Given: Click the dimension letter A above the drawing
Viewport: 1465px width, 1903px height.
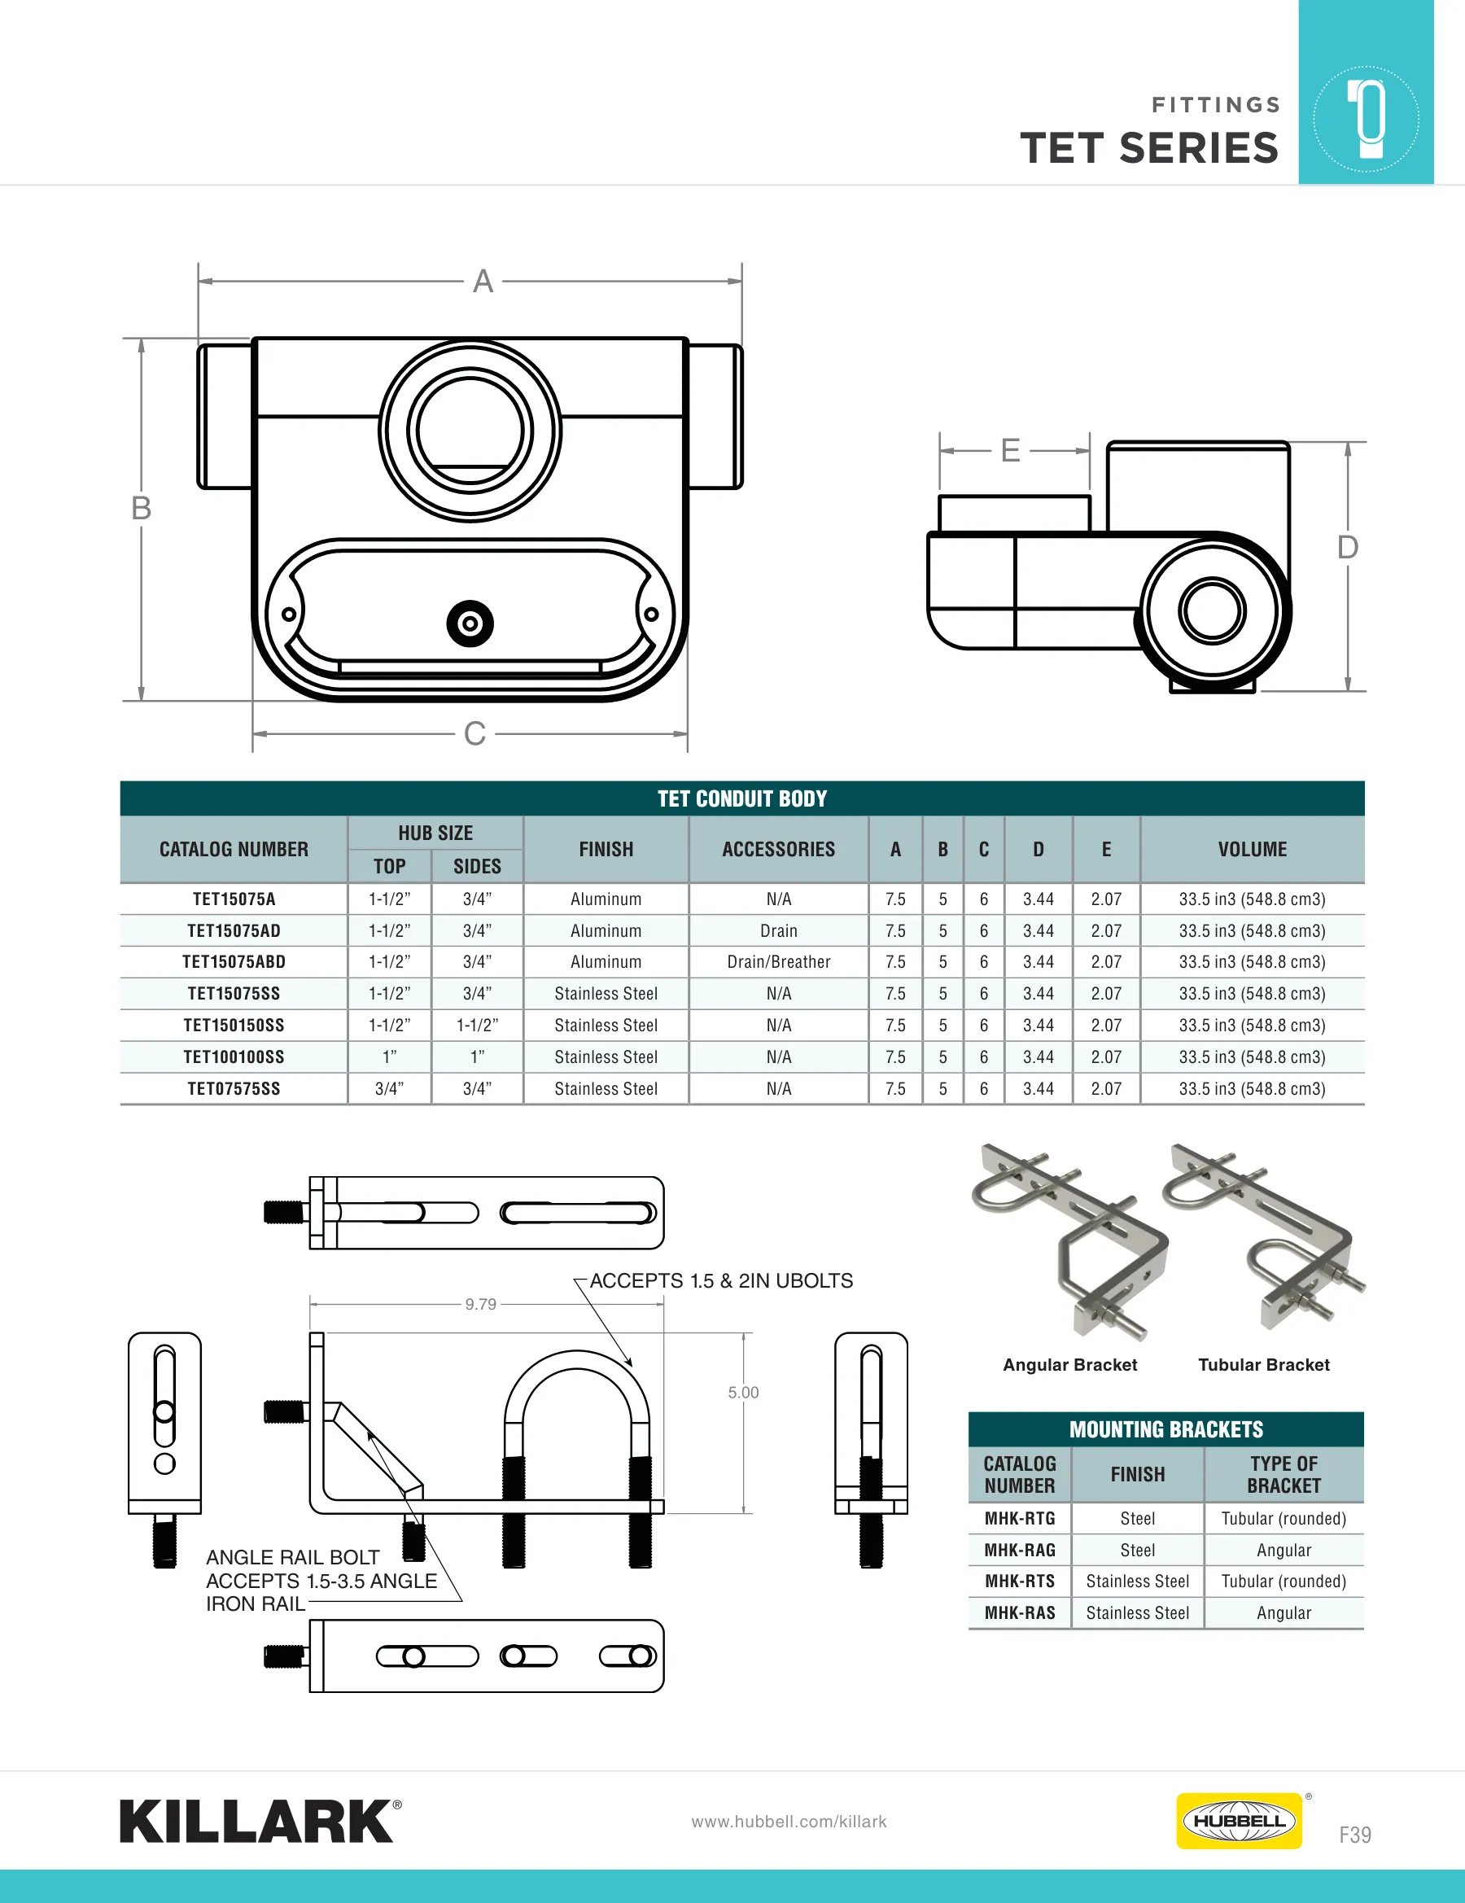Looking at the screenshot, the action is (483, 282).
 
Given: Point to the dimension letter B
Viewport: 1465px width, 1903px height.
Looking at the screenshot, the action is (141, 508).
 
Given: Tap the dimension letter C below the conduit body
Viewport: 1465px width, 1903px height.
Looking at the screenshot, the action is (475, 733).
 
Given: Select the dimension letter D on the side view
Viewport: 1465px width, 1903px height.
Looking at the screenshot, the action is (1347, 547).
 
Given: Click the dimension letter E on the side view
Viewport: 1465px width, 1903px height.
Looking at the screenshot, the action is (1010, 450).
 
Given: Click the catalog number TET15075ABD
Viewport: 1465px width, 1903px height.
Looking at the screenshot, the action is (234, 962).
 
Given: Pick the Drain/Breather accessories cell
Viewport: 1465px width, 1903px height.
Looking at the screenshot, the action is (779, 962).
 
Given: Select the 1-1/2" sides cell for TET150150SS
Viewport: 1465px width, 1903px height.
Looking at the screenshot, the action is (478, 1026).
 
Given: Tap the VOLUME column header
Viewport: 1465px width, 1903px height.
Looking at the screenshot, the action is (1253, 850).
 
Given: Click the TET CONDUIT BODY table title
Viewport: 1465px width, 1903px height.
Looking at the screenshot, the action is (742, 799).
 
